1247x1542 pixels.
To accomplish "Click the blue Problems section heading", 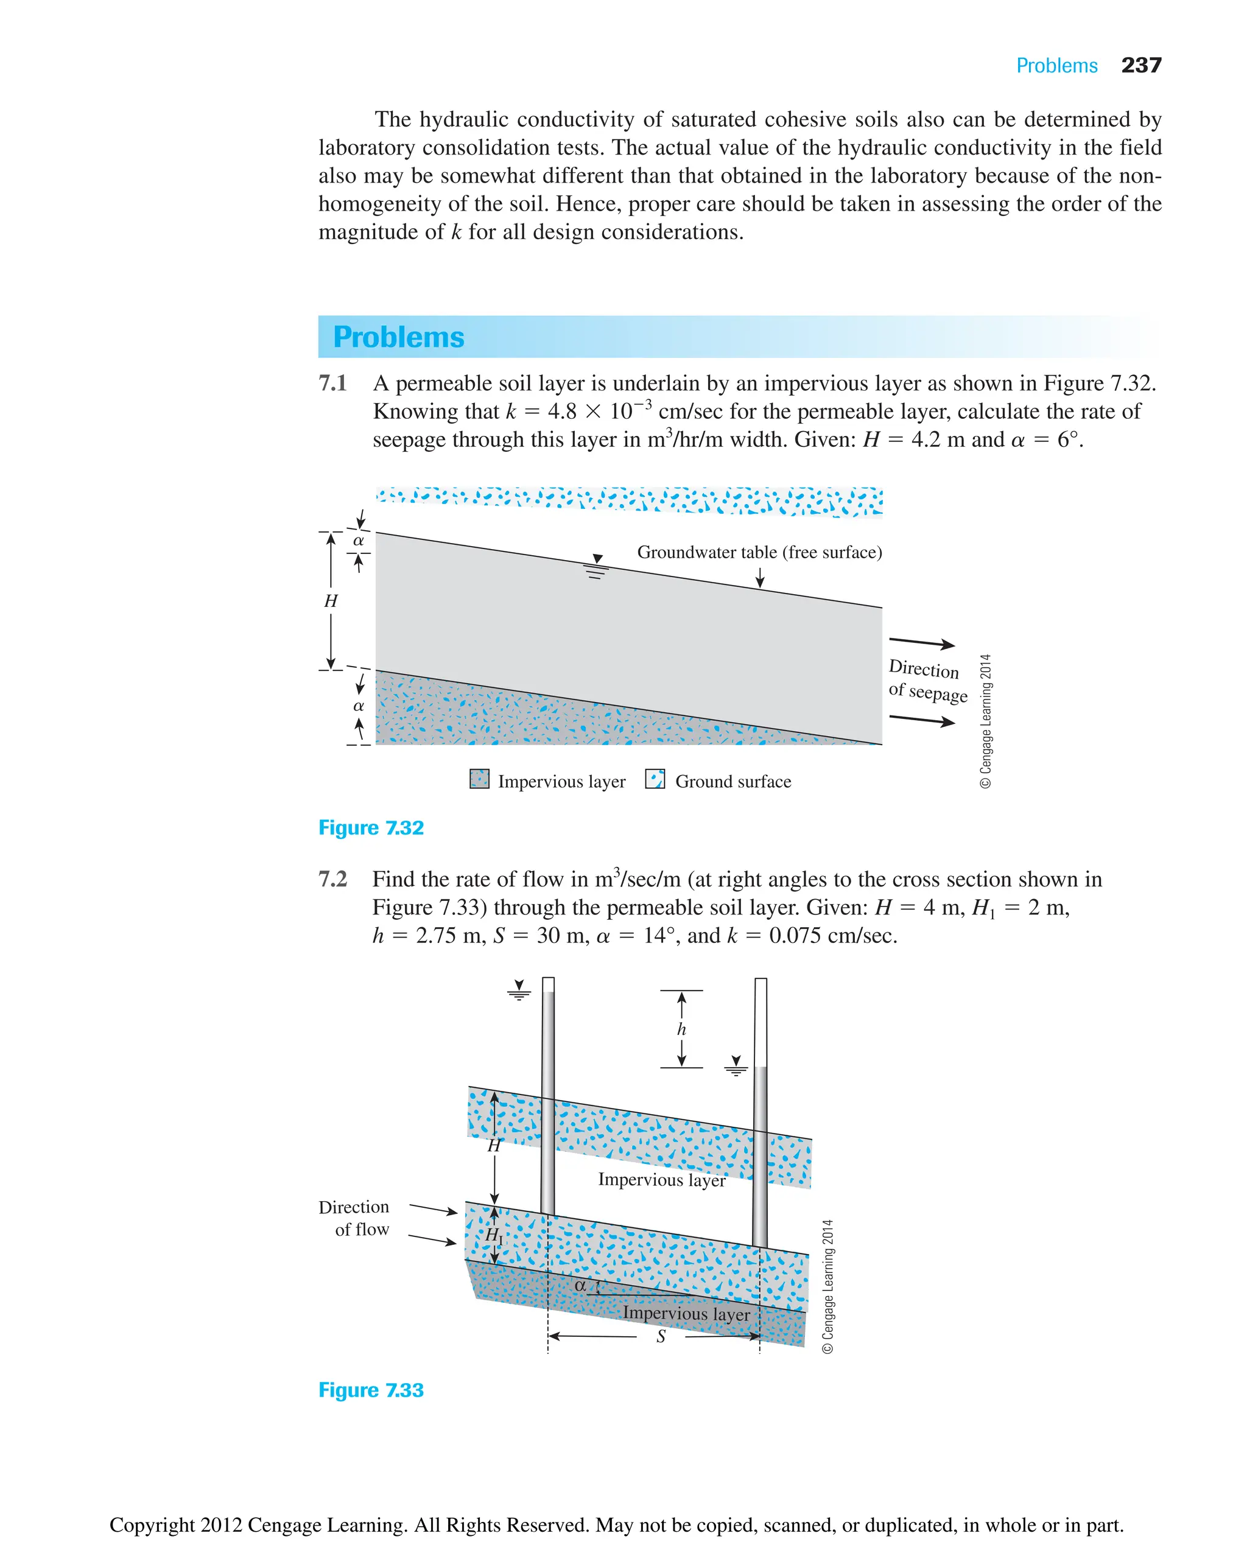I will tap(399, 337).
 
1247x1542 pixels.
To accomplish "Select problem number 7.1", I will tap(332, 384).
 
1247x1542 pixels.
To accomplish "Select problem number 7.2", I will tap(332, 879).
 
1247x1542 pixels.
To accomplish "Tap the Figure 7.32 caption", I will tap(371, 827).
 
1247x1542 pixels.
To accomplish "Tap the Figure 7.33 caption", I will tap(371, 1390).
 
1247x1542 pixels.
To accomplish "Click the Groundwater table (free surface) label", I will tap(759, 552).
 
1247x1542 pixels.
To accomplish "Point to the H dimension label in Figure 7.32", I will tap(331, 601).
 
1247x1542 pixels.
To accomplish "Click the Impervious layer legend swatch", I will tap(479, 779).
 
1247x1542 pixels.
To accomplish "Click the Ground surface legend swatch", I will tap(655, 779).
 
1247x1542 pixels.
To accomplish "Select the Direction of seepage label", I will tap(927, 681).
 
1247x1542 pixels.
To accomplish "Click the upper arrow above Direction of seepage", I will tap(922, 642).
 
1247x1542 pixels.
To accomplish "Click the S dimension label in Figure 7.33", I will tap(661, 1337).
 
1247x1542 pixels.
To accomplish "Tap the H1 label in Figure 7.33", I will tap(494, 1235).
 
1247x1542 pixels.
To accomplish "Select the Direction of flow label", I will tap(355, 1218).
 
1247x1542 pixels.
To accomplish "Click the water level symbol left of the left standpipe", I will tap(519, 990).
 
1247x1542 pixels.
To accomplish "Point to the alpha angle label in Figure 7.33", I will tap(580, 1286).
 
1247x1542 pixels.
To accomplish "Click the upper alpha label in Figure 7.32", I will tap(359, 541).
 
